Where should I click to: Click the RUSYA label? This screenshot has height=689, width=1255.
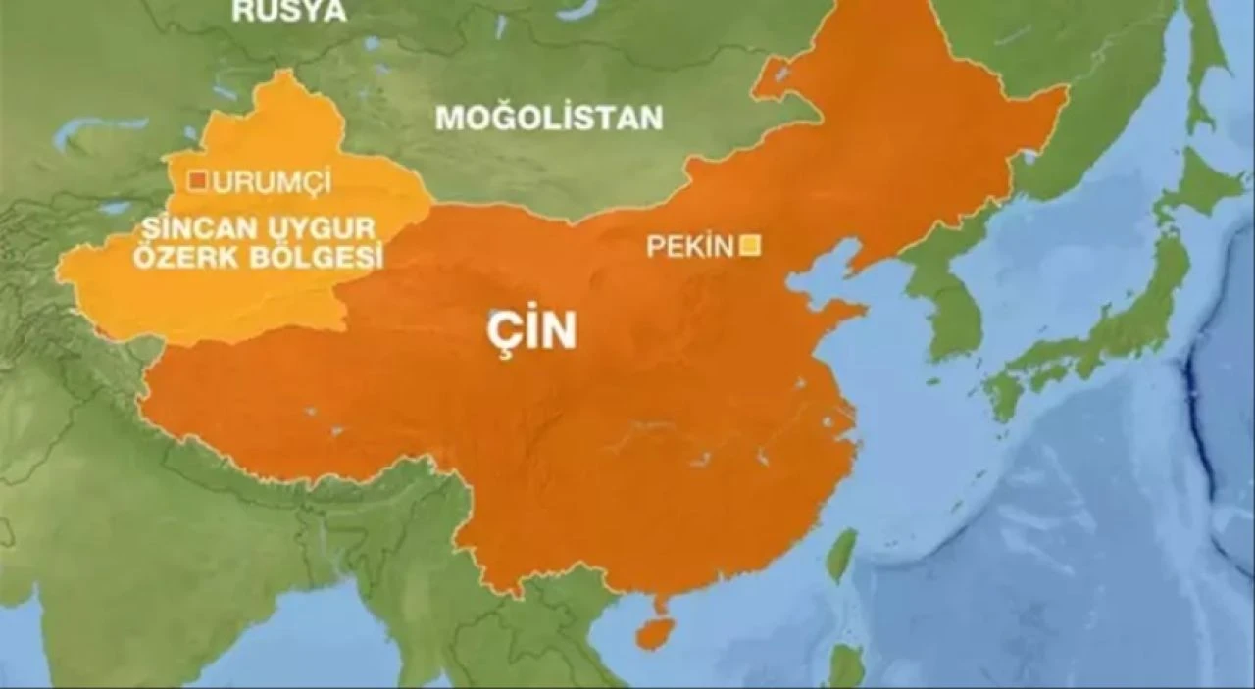pos(289,11)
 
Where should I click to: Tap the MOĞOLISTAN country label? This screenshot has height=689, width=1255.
pos(549,119)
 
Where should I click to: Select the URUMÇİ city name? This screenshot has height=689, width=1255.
pos(272,181)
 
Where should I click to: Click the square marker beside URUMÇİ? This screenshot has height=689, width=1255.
pos(198,180)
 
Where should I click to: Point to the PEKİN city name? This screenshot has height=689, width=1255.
pos(689,247)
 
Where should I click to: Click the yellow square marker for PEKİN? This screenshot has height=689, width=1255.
pos(752,245)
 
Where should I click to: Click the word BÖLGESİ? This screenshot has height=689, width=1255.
pos(316,258)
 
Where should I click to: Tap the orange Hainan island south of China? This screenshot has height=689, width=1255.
pos(654,632)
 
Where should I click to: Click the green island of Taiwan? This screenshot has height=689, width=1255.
pos(840,556)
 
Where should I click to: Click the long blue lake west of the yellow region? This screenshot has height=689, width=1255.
pos(98,126)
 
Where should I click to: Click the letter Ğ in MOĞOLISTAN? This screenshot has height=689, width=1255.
pos(503,119)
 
